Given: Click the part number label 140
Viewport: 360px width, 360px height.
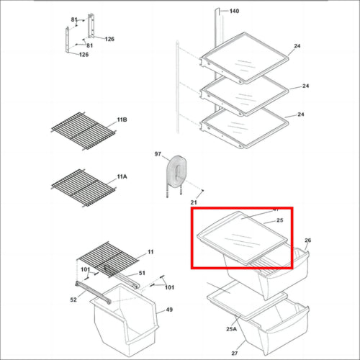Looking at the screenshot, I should pos(234,12).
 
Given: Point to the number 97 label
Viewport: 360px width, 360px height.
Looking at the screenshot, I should pos(158,155).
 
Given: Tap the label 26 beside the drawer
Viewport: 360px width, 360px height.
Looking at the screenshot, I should pos(307,240).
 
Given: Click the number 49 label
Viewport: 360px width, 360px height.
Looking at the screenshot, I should pos(169,310).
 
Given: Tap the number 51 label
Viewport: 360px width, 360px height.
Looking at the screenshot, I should pos(142,273).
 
